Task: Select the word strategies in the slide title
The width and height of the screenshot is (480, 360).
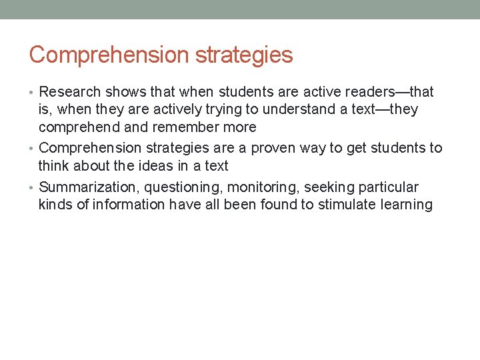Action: [245, 55]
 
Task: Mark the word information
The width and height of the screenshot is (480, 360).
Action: [129, 205]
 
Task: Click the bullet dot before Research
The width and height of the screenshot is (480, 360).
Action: [33, 92]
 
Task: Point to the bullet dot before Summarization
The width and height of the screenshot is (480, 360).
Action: [33, 188]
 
